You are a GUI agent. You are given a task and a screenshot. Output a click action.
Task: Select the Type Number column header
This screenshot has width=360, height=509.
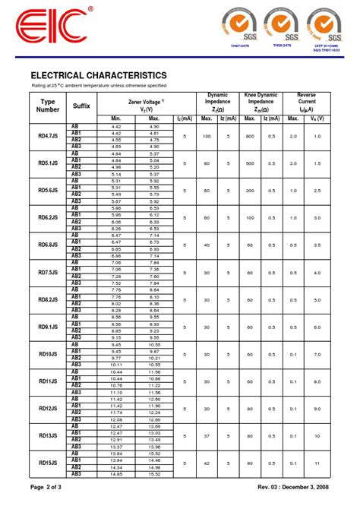(x=48, y=106)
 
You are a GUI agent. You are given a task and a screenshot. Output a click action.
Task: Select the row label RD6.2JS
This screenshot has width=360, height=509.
(x=48, y=217)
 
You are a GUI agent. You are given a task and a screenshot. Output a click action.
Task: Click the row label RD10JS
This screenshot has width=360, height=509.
(x=48, y=354)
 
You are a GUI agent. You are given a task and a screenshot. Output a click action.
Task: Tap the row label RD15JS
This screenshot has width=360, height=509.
(x=48, y=463)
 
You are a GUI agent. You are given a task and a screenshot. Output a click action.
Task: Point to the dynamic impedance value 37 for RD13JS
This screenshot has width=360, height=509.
(x=206, y=435)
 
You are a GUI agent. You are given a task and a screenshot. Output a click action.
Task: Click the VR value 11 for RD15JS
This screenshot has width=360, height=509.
(x=317, y=463)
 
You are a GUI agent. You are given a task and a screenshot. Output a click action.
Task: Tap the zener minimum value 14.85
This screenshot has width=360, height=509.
(x=116, y=474)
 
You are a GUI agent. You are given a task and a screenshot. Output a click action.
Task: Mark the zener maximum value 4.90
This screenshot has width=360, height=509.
(x=154, y=126)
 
